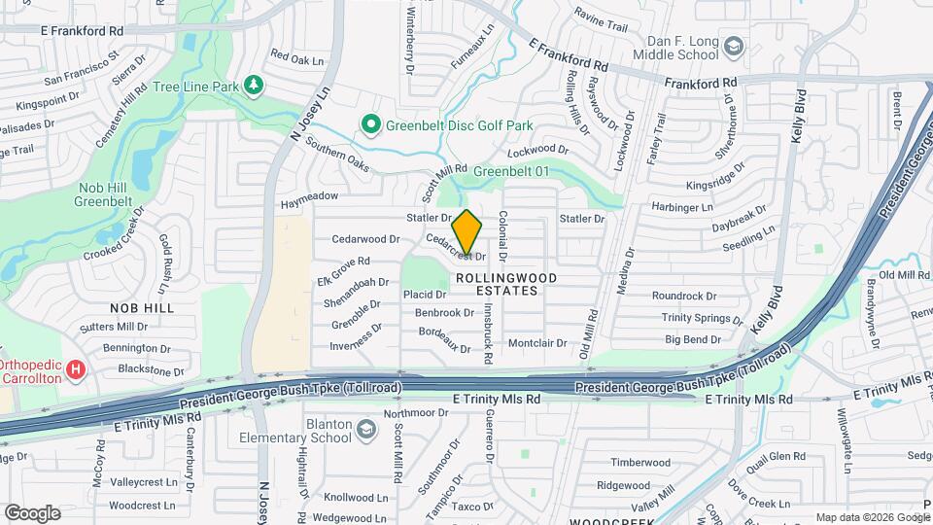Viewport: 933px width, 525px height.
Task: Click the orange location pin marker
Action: click(467, 234)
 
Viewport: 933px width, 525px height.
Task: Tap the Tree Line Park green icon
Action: click(254, 87)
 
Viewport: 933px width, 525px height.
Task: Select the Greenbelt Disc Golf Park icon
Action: click(370, 125)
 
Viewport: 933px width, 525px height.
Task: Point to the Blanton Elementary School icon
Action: click(366, 430)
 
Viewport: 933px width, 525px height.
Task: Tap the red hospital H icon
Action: click(77, 369)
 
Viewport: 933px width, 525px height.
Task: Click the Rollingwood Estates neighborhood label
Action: click(506, 284)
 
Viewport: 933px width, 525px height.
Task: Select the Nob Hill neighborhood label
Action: click(142, 307)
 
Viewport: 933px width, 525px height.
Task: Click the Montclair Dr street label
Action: click(536, 343)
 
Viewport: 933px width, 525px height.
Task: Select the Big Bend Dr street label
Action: click(693, 339)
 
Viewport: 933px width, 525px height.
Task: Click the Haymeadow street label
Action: click(309, 197)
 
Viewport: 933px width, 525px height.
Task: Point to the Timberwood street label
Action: click(640, 463)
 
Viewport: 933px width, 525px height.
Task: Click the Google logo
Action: click(32, 513)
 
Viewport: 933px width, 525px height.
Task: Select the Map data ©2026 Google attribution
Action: click(871, 517)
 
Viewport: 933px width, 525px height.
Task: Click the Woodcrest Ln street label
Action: click(142, 506)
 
